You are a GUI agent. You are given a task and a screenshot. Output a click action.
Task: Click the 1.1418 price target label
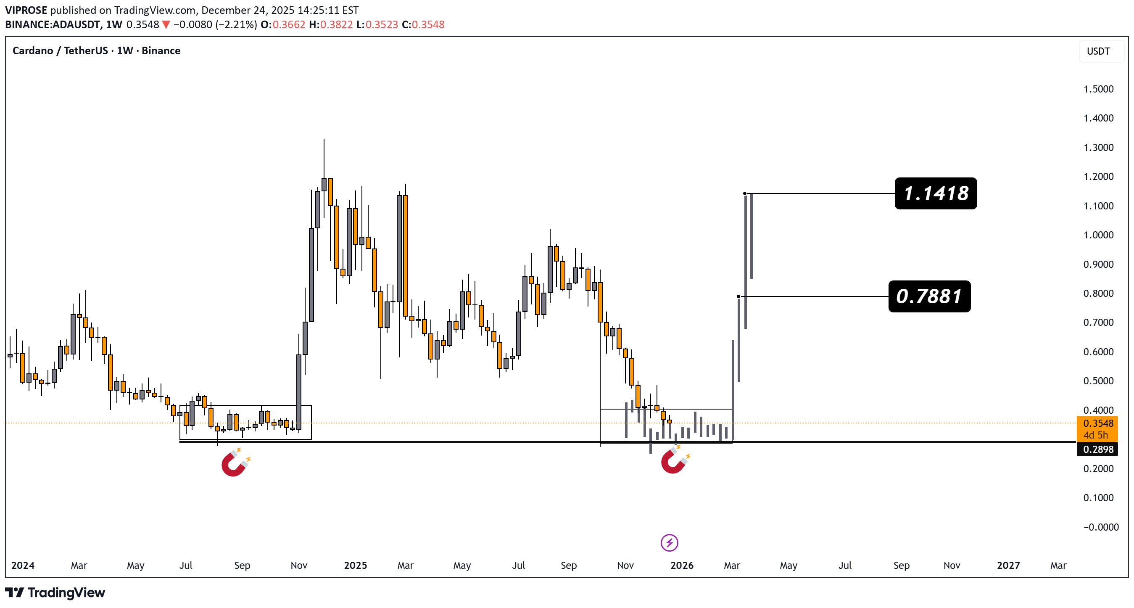(936, 193)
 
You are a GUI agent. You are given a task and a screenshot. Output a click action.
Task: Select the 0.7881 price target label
(929, 296)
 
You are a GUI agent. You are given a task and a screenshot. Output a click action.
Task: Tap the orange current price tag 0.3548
(1097, 423)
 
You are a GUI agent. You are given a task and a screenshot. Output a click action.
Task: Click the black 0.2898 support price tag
(1097, 449)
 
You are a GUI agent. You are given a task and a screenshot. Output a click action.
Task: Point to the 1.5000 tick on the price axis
(1098, 89)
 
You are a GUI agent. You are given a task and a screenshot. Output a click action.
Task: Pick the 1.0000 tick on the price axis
(1098, 235)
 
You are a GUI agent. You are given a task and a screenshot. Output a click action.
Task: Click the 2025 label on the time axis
(355, 565)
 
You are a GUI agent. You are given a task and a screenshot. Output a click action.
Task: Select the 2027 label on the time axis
(1008, 565)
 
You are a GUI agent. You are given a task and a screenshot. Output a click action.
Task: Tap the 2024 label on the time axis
(23, 565)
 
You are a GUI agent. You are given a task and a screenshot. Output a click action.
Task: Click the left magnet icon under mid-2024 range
(235, 463)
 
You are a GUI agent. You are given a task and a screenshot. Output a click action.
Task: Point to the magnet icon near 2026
(674, 460)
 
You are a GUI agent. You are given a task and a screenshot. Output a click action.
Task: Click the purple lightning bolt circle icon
(669, 543)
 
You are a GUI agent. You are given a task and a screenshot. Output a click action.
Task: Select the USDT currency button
(1098, 51)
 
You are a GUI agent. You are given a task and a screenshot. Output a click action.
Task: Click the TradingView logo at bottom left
(55, 592)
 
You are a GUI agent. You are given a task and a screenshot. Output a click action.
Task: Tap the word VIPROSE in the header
(26, 10)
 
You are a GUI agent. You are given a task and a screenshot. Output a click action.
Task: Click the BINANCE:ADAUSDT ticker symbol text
(53, 25)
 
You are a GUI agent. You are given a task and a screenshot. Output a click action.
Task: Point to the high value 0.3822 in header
(336, 25)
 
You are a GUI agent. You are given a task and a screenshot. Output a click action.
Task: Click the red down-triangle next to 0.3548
(166, 25)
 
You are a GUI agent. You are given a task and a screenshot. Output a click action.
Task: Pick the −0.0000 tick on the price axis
(1100, 527)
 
